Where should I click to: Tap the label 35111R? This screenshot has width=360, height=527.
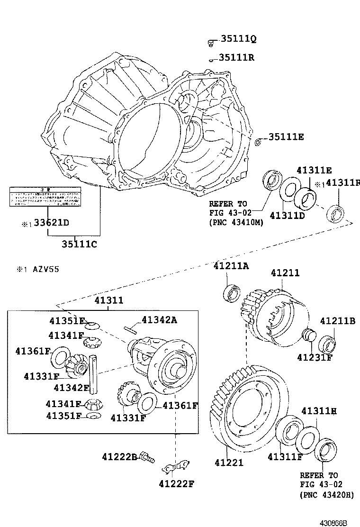click(x=236, y=58)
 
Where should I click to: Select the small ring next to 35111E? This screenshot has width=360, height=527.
click(x=258, y=142)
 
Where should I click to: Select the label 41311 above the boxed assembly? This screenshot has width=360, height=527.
click(x=108, y=300)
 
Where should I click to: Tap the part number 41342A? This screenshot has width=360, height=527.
click(x=159, y=320)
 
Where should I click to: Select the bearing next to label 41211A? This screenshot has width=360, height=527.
click(x=233, y=293)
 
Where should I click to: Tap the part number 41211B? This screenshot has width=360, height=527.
click(x=337, y=321)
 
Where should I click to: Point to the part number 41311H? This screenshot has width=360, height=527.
click(x=319, y=411)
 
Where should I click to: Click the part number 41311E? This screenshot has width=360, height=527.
click(x=314, y=170)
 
